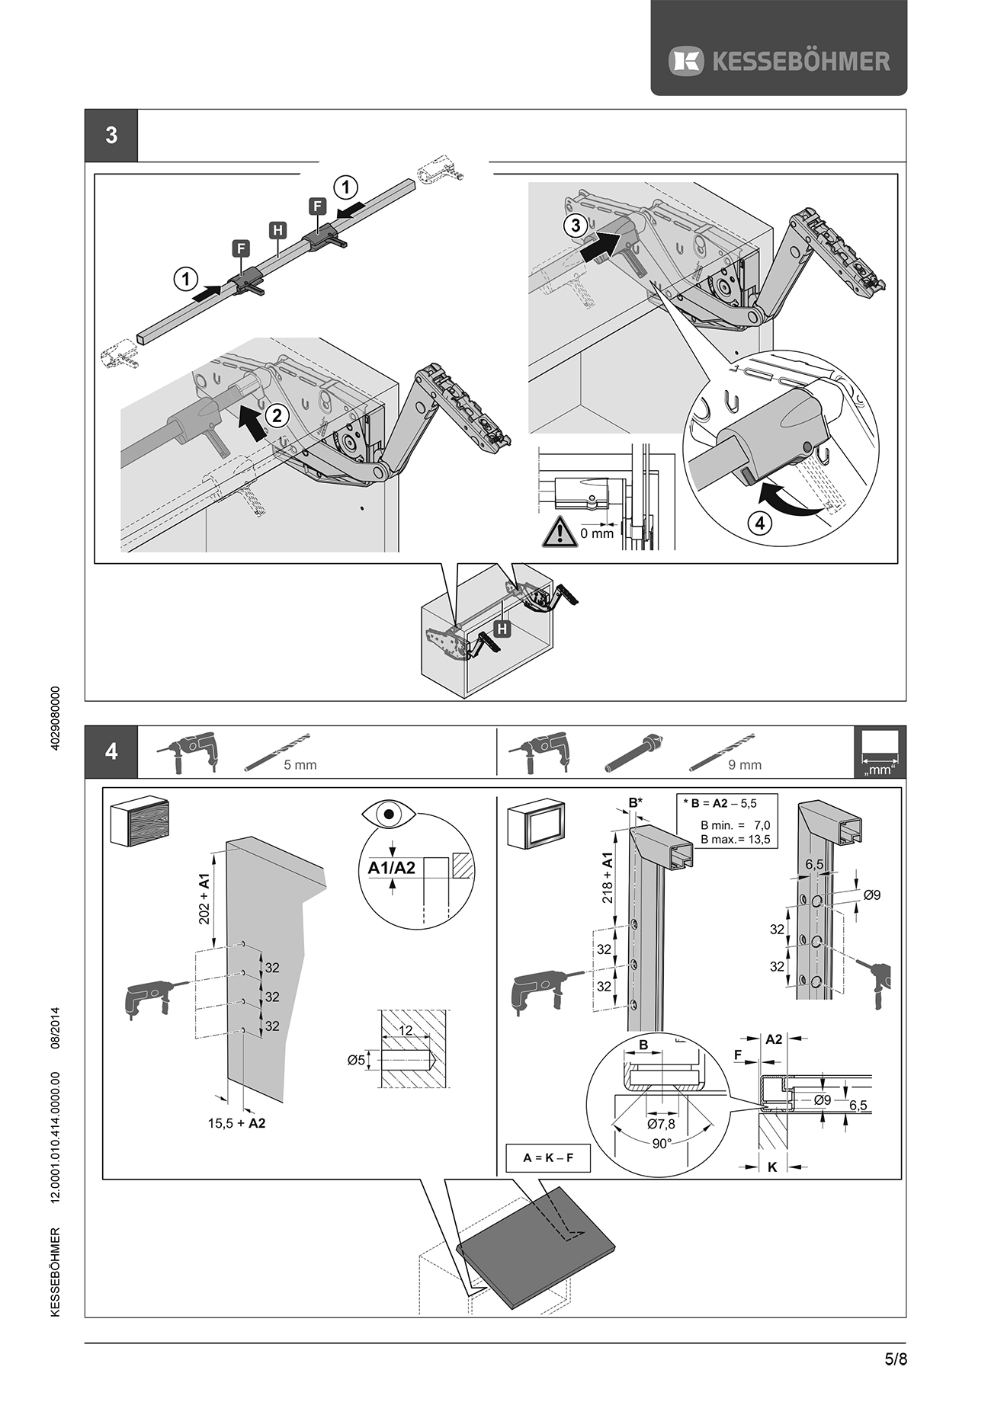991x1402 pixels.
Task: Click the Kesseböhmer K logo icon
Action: click(x=686, y=61)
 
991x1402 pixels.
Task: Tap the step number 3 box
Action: click(x=111, y=136)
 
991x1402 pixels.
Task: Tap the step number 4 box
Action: click(x=111, y=751)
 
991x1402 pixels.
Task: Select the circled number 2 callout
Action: click(x=277, y=415)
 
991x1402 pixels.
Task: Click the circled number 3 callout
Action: click(x=576, y=225)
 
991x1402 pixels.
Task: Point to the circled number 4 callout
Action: click(x=758, y=523)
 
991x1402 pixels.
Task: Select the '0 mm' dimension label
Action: click(x=596, y=533)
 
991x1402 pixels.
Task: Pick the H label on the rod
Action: click(x=277, y=230)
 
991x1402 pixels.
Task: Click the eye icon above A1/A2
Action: click(x=390, y=815)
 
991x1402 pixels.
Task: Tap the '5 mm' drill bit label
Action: click(x=300, y=765)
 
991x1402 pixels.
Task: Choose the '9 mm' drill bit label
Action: click(x=745, y=765)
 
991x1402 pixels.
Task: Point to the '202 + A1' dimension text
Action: click(x=204, y=899)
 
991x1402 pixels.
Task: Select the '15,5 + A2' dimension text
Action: click(x=236, y=1123)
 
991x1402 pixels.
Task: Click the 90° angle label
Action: click(x=661, y=1144)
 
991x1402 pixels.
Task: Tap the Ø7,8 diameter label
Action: click(x=661, y=1124)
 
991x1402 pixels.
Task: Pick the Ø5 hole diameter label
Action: click(x=357, y=1060)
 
